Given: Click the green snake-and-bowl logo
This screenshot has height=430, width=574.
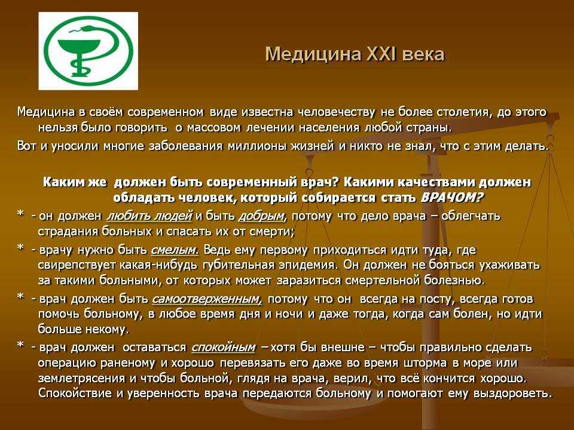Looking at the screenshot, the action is point(88,51).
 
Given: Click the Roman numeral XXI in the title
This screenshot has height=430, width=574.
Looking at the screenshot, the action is point(379,54).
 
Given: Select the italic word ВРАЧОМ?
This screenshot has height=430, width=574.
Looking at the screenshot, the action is point(452,198).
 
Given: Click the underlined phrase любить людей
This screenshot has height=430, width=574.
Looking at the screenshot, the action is point(149,216).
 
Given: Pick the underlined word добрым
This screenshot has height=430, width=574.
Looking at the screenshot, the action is point(262,216).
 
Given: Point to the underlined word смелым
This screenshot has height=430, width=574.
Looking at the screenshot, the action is point(175,250).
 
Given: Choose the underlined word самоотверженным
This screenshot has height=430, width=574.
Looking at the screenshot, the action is point(207,299).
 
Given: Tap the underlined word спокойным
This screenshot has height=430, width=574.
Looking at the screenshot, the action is point(223,348).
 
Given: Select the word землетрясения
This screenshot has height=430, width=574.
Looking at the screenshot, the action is point(82,379).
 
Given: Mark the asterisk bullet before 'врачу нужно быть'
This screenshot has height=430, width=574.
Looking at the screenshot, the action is point(20,248).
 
